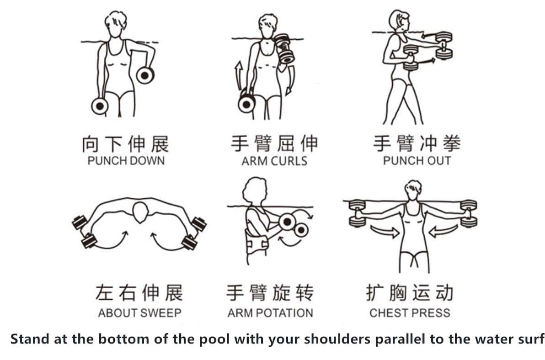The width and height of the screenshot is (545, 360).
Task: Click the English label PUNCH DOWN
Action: pos(126,161)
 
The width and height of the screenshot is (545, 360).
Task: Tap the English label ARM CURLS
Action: pos(275,161)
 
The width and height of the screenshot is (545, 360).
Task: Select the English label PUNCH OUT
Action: pos(417,161)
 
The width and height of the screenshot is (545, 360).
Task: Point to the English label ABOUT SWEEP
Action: pos(140,313)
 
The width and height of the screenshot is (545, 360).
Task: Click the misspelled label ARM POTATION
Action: pos(270,313)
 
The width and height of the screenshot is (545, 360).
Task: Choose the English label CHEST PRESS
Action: pos(410,313)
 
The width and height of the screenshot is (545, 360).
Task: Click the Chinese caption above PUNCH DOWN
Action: pos(125,144)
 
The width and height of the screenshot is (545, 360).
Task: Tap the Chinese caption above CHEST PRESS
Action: pos(410,293)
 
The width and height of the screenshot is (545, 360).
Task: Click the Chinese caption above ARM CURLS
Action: pos(275,144)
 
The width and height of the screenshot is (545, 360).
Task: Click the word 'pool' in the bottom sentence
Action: pos(214,339)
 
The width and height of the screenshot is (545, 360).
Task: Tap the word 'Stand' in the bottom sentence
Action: pos(30,339)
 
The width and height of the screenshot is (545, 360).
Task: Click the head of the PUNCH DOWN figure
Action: pos(115,24)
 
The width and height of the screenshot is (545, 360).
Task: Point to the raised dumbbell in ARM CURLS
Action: pos(285,48)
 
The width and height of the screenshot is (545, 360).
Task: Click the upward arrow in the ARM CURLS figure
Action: pos(239,76)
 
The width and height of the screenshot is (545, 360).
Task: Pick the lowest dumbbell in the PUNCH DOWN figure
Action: pos(100,106)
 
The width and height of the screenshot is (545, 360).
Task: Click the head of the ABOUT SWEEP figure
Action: pos(140,212)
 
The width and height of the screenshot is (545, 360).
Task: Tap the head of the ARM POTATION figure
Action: pos(255,191)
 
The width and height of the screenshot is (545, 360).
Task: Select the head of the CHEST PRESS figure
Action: pos(413,190)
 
